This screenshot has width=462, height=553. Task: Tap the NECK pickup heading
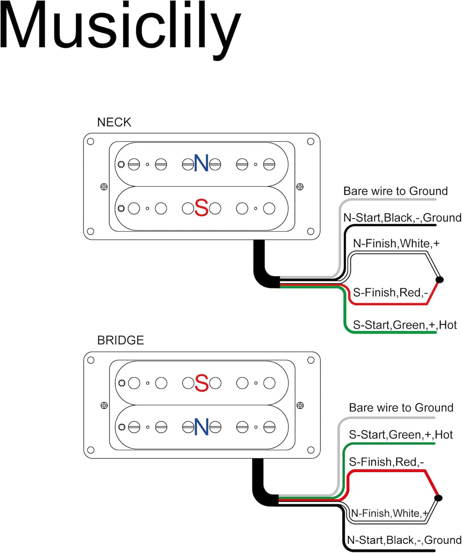(x=114, y=122)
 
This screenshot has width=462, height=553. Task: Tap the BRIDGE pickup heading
(x=120, y=340)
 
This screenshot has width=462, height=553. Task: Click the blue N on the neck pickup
(x=201, y=163)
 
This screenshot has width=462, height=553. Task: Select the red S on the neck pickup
(x=201, y=208)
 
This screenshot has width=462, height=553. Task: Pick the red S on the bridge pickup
(x=201, y=383)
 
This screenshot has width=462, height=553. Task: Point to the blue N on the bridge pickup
(x=201, y=427)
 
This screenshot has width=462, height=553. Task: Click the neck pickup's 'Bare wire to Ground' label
(x=395, y=191)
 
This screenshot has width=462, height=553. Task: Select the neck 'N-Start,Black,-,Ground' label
(x=402, y=218)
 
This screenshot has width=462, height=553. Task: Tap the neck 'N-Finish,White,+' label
(x=396, y=244)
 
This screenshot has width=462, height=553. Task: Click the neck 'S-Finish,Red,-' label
(x=390, y=293)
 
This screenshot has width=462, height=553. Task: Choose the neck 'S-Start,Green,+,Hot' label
(x=405, y=325)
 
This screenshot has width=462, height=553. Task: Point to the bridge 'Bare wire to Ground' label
(x=401, y=408)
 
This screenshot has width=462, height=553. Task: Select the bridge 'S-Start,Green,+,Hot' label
(x=401, y=435)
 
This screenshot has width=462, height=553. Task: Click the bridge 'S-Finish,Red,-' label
(x=386, y=462)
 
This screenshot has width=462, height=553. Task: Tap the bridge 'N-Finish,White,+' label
(x=389, y=514)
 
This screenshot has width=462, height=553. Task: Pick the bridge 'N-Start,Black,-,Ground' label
(x=404, y=540)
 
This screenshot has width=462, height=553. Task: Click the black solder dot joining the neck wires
(x=439, y=280)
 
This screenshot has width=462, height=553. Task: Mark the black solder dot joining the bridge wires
(x=438, y=498)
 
